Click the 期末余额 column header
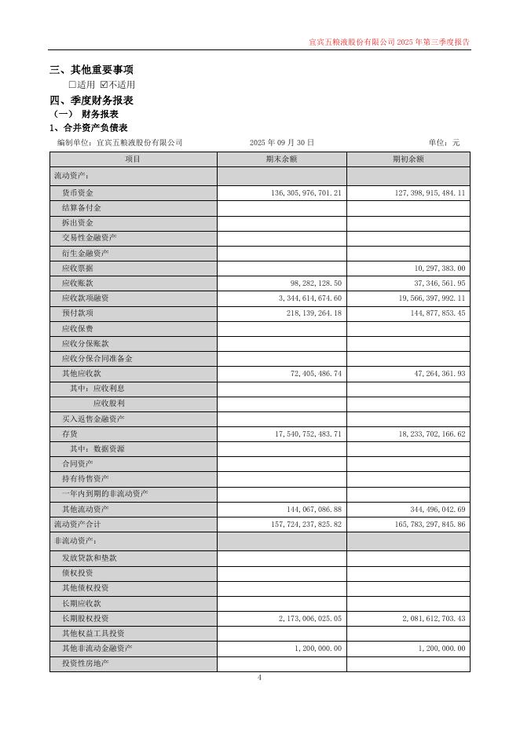(281, 159)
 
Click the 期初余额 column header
(408, 159)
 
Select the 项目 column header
(133, 159)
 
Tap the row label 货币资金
(77, 192)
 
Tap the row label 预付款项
(77, 313)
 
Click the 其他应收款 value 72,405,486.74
(316, 374)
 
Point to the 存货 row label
(69, 433)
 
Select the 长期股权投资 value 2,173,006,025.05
(309, 619)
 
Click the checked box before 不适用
(104, 85)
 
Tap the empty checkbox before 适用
(72, 85)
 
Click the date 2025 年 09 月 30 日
(281, 142)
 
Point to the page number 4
(259, 678)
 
